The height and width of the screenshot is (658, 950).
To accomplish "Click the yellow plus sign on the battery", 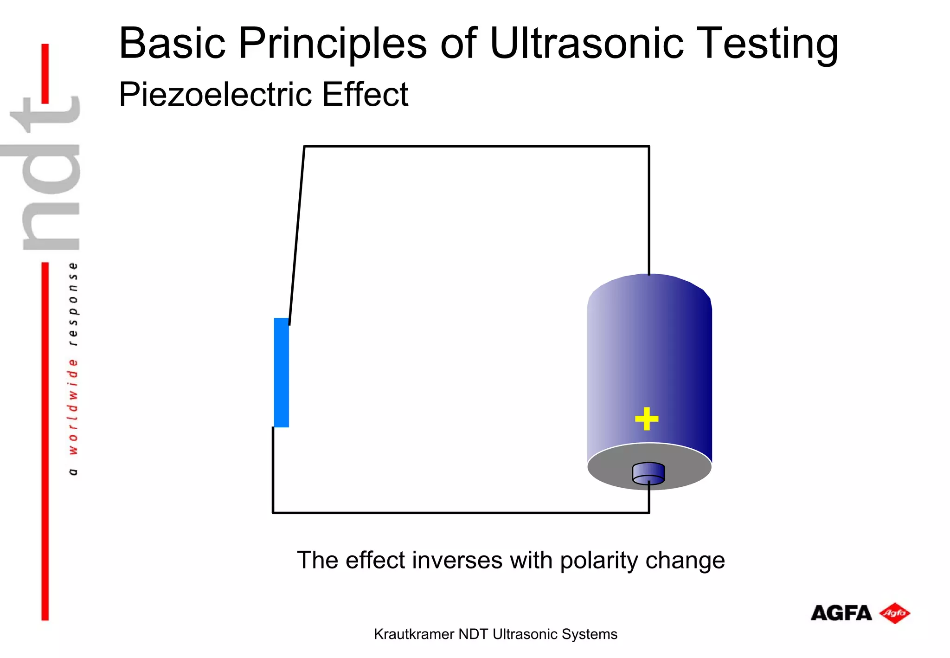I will pos(646,419).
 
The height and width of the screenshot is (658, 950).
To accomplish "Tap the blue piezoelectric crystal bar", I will pos(282,372).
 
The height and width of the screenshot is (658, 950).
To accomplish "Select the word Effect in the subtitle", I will pos(365,95).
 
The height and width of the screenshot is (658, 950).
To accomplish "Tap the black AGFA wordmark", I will pos(841,613).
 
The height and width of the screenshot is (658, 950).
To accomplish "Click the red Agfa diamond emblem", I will pos(894,613).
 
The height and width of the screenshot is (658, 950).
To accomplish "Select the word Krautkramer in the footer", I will pos(413,634).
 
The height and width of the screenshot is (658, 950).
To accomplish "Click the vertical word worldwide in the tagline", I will pos(73,406).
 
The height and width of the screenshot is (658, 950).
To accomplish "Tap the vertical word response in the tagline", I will pos(73,304).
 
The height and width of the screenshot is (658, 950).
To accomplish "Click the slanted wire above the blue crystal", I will pos(297,234).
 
